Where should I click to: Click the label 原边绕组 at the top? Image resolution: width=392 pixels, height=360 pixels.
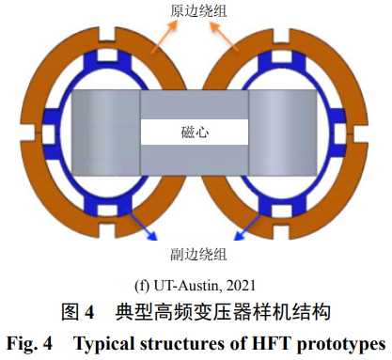coord(198,10)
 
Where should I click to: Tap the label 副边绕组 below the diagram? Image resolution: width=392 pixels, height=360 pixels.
coord(198,254)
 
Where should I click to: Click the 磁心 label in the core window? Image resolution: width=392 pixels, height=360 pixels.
coord(195,132)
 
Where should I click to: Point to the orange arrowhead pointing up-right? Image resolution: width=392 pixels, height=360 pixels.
coord(173,26)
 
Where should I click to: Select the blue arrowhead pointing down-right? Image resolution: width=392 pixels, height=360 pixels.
coord(151,236)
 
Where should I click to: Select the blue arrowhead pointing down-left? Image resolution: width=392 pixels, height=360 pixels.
coord(240,236)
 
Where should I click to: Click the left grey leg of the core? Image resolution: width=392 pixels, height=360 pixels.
coord(105,133)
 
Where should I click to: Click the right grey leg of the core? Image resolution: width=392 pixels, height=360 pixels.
coord(283,133)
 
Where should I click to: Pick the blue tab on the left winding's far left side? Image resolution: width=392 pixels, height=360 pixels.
coord(51,133)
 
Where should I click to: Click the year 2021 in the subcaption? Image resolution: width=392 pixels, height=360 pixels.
coord(241,286)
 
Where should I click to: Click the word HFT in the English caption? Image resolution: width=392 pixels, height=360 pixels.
coord(271,343)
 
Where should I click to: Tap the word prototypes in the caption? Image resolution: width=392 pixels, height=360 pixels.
coord(341,344)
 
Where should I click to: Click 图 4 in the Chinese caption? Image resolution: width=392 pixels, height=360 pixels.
coord(78,312)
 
